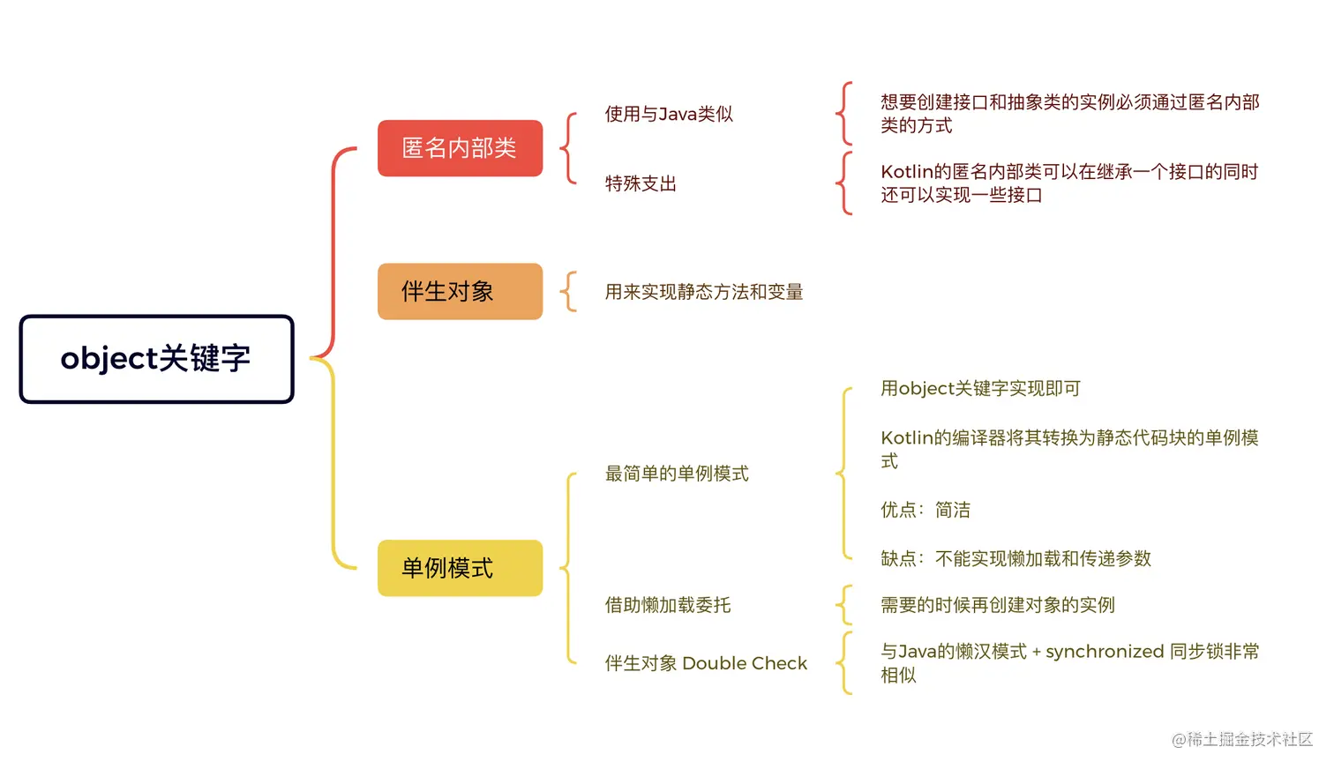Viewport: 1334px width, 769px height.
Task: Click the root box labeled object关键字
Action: tap(156, 359)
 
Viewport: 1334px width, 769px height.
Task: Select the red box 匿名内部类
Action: tap(460, 148)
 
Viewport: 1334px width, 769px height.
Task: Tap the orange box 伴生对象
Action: tap(460, 291)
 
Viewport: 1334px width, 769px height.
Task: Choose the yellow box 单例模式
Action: tap(460, 568)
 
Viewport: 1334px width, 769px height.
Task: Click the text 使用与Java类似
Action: tap(669, 114)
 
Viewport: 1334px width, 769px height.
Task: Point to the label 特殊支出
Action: tap(641, 183)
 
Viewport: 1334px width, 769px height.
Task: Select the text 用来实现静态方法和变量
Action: tap(704, 292)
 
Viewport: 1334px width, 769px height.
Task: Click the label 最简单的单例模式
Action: tap(677, 474)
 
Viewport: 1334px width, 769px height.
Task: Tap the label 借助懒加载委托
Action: tap(668, 605)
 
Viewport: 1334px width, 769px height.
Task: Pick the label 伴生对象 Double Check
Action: tap(706, 663)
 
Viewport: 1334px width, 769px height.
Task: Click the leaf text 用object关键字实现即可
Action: tap(980, 389)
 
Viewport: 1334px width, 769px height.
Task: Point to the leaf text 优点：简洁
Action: tap(926, 510)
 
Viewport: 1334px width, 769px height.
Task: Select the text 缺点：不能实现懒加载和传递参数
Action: tap(1015, 558)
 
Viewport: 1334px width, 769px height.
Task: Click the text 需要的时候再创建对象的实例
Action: tap(998, 605)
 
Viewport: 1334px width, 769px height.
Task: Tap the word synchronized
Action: tap(1105, 652)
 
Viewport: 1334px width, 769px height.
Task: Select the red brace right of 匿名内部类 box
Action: tap(570, 148)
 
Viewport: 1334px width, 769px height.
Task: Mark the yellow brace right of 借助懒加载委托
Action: tap(844, 605)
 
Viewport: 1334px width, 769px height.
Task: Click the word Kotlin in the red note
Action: tap(906, 172)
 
